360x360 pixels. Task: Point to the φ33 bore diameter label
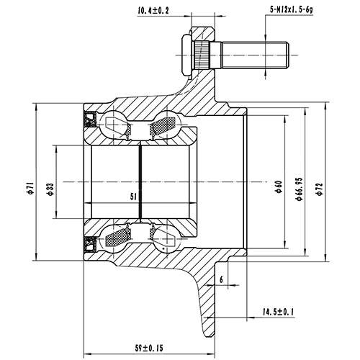click(50, 187)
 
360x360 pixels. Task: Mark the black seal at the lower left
click(91, 243)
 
